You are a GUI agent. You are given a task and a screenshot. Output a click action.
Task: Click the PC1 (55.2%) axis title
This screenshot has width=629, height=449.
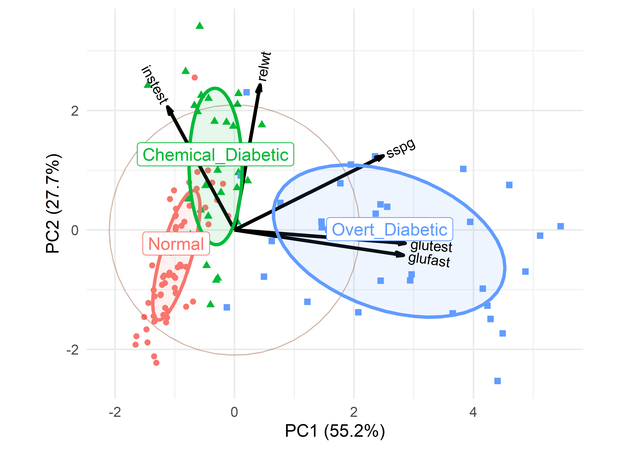point(335,431)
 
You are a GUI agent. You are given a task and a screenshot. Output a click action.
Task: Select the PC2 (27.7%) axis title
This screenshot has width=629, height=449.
point(53,203)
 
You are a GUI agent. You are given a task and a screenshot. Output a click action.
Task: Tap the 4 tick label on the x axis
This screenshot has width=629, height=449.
point(473,412)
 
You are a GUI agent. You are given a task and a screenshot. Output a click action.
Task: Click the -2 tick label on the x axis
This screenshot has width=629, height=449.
point(115,412)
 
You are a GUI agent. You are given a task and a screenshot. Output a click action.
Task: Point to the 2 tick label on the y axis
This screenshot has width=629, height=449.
point(75,111)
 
